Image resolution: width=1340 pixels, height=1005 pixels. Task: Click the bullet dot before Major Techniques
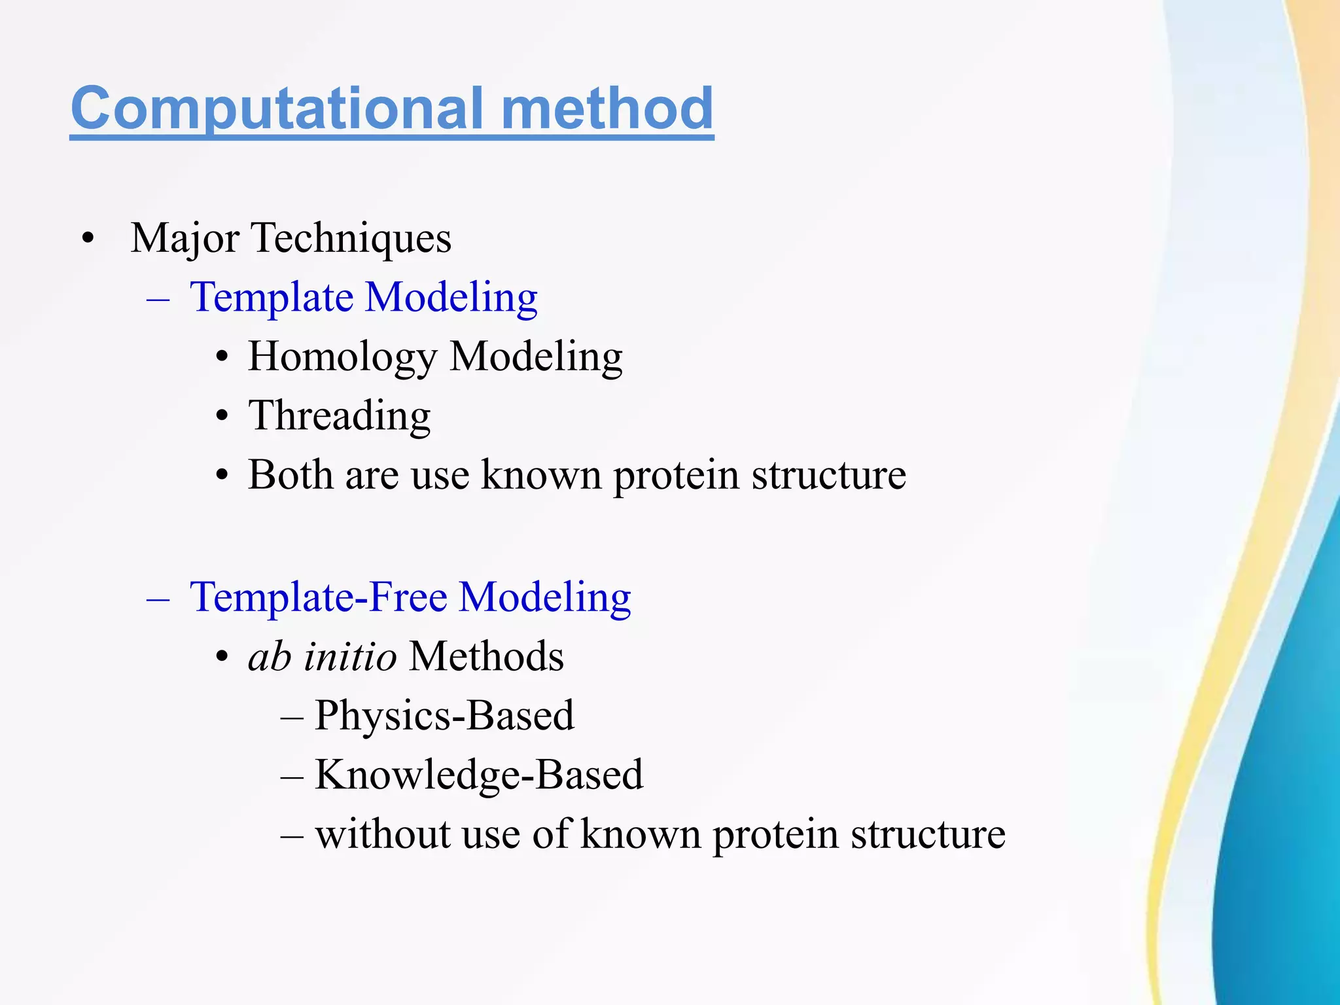tap(88, 238)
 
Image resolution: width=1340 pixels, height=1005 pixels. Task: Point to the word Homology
tap(342, 357)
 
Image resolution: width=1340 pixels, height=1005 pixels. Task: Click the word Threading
tap(339, 415)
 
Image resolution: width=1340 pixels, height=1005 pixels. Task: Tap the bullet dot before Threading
tap(222, 417)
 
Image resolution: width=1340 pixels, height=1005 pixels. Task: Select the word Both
tap(291, 474)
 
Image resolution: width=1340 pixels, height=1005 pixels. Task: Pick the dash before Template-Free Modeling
tap(158, 598)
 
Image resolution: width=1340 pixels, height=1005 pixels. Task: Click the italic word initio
tap(349, 656)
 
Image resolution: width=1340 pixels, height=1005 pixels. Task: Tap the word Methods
tap(486, 656)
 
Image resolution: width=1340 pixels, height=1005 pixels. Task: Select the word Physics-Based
tap(444, 716)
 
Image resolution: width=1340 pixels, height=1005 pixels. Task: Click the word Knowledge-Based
tap(479, 775)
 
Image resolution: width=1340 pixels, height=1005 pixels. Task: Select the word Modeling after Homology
tap(536, 357)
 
